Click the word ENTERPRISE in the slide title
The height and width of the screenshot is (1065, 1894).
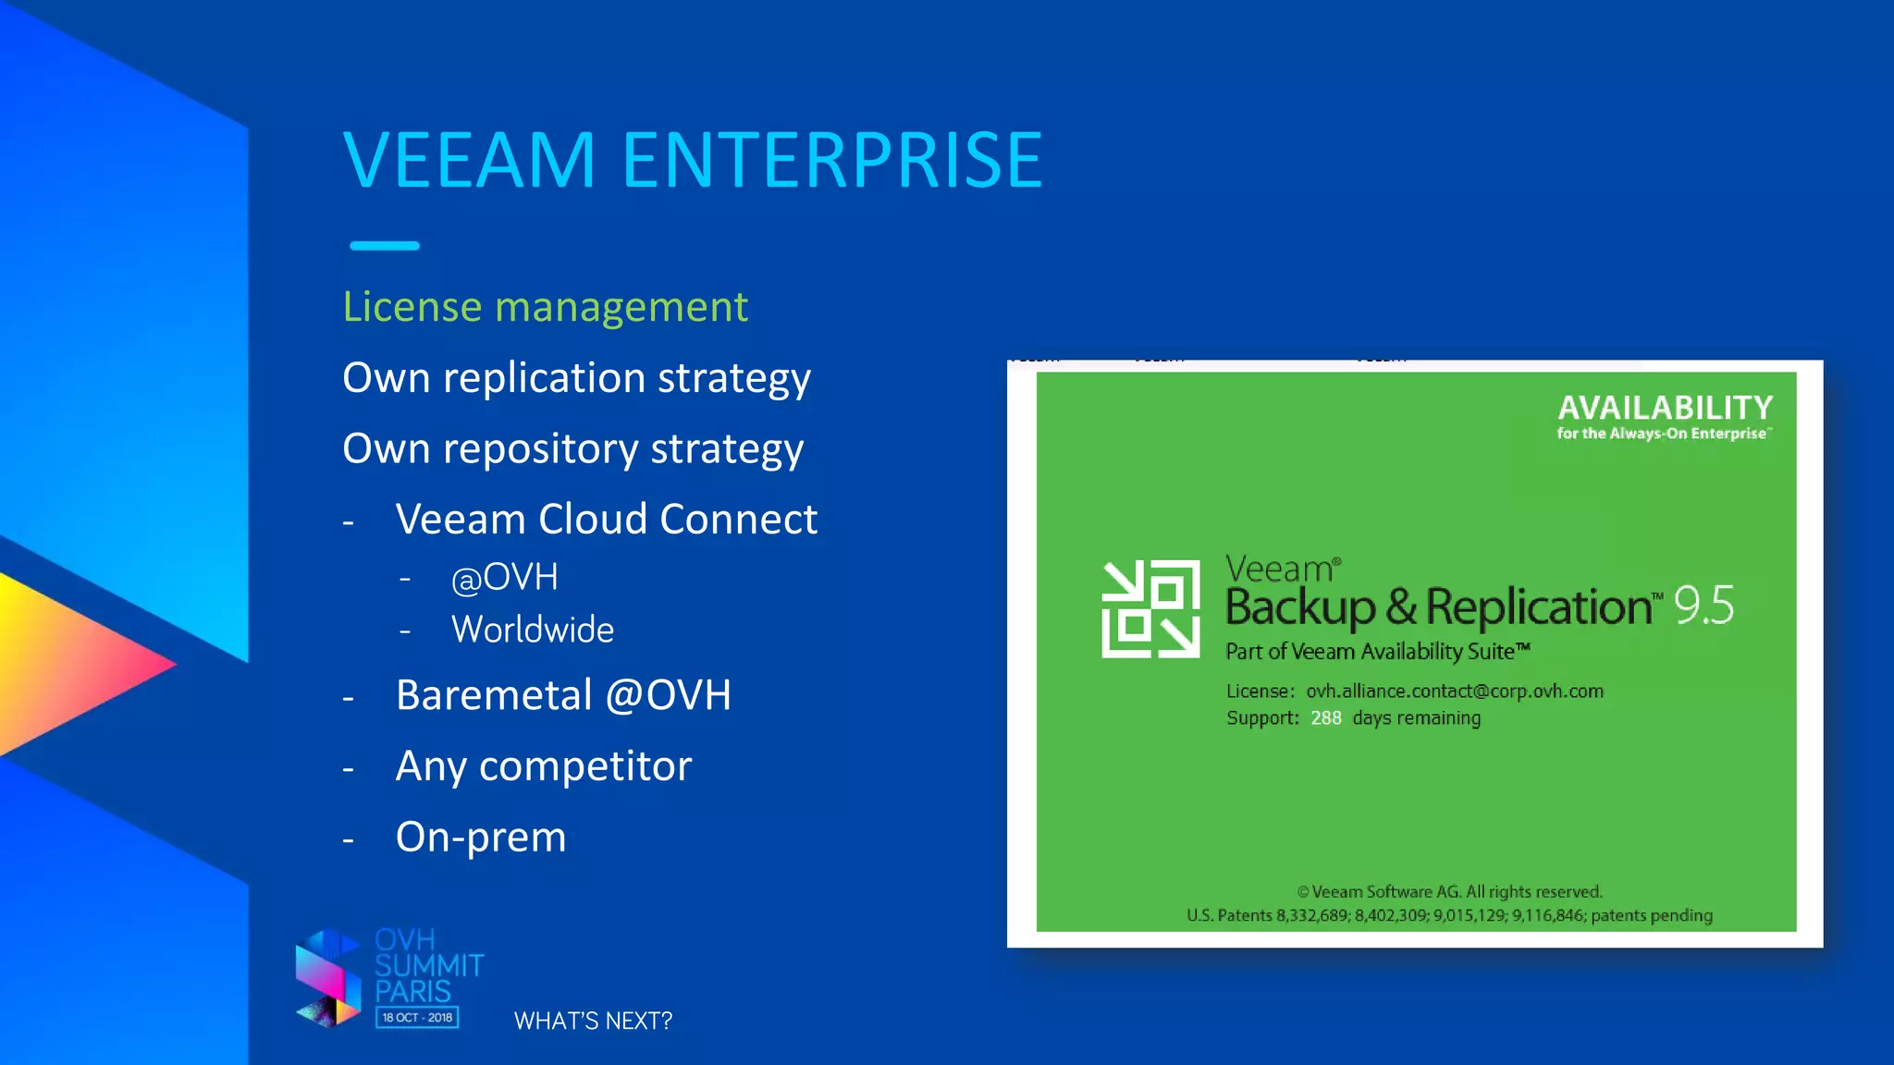[x=832, y=160]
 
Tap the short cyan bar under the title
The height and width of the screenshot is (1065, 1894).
[x=385, y=246]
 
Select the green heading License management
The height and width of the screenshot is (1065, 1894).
[x=545, y=307]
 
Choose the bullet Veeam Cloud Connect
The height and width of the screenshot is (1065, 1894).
[x=606, y=520]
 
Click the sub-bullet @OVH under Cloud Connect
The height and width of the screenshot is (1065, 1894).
[x=504, y=578]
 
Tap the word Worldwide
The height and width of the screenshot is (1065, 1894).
[x=532, y=630]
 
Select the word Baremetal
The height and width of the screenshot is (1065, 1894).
[x=494, y=695]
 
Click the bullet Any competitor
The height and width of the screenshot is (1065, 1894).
[x=543, y=766]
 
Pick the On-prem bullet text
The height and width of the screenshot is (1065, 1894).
[x=480, y=838]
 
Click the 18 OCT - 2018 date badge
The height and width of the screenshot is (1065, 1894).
[x=417, y=1018]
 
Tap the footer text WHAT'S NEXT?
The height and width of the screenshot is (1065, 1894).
[x=593, y=1021]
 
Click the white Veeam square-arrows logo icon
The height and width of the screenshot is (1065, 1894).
[x=1150, y=609]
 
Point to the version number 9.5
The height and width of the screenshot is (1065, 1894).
[x=1703, y=606]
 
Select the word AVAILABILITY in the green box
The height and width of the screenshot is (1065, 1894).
[x=1665, y=408]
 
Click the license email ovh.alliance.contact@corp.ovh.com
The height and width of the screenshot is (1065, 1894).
[x=1454, y=692]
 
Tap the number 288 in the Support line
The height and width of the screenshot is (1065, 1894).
[x=1325, y=718]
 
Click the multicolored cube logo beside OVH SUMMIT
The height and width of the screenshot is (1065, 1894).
[x=327, y=979]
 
